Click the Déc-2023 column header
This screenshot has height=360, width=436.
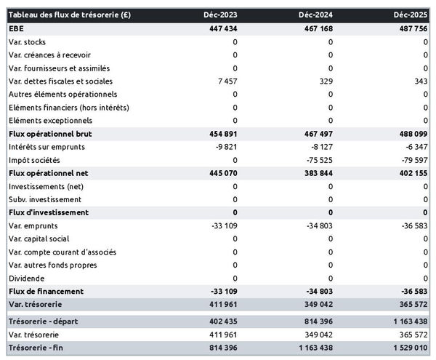click(x=221, y=15)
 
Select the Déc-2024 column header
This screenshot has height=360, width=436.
click(x=316, y=15)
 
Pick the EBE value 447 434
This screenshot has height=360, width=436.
click(x=220, y=28)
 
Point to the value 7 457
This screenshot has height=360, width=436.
click(x=225, y=81)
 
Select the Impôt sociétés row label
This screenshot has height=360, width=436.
click(x=34, y=160)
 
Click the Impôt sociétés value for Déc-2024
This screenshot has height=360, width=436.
click(x=318, y=160)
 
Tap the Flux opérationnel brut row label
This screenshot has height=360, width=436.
click(x=50, y=134)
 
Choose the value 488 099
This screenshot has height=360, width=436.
click(x=411, y=134)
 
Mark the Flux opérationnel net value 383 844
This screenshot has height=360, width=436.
click(x=315, y=173)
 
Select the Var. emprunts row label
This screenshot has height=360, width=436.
click(x=34, y=225)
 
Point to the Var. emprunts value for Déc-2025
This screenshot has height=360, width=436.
click(x=412, y=225)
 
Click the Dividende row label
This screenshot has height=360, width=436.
click(x=27, y=279)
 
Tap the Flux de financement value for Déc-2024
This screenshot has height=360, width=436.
click(x=317, y=292)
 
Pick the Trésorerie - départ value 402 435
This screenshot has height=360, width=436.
click(x=220, y=321)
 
